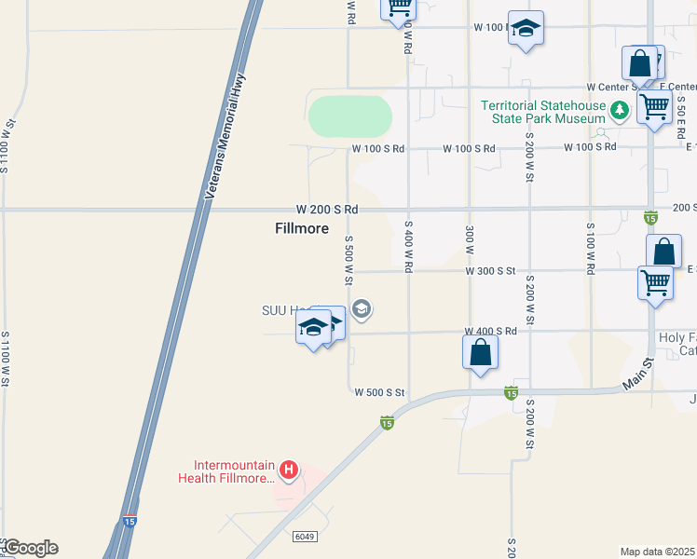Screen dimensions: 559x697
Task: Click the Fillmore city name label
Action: [302, 228]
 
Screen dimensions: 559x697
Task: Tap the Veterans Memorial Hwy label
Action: [224, 136]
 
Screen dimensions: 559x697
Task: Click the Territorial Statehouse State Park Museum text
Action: [543, 112]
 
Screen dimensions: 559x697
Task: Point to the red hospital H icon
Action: [290, 469]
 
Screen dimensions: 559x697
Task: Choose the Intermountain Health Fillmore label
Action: [228, 472]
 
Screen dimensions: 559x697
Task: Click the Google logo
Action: [30, 548]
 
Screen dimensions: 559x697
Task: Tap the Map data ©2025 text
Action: [658, 552]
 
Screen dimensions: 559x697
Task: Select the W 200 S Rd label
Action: [327, 209]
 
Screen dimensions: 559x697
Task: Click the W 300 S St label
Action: [490, 271]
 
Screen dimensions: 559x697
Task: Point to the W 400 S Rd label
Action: [491, 332]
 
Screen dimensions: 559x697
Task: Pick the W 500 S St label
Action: [379, 393]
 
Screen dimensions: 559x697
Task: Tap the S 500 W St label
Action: [348, 260]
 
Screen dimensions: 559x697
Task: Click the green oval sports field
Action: [349, 116]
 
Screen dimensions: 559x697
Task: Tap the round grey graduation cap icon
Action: [362, 308]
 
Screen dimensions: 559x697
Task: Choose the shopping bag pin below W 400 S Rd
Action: [480, 353]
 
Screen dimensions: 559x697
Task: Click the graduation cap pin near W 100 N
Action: [526, 29]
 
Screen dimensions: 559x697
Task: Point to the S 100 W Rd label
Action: [590, 247]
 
